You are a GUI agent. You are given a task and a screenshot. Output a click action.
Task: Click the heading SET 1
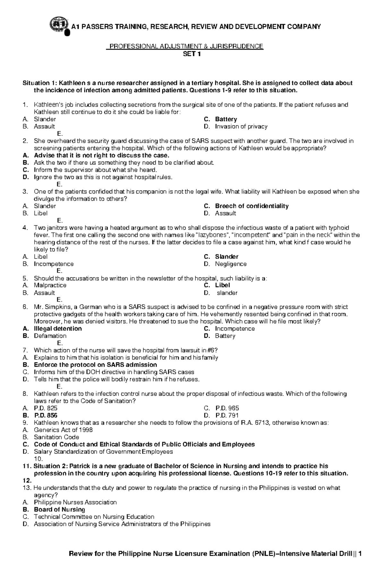192,54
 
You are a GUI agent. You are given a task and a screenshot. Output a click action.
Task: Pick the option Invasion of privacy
241,127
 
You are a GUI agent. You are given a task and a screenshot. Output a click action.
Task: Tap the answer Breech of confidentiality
252,206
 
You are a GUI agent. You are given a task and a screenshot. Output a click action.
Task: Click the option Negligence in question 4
231,264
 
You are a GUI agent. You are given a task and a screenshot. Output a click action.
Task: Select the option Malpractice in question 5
50,285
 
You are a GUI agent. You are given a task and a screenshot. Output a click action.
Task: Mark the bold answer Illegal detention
58,329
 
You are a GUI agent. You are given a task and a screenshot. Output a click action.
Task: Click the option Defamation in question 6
50,336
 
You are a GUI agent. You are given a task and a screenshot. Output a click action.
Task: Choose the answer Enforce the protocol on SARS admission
95,365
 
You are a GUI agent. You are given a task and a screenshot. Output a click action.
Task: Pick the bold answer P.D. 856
46,415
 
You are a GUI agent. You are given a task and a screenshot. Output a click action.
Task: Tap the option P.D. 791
227,415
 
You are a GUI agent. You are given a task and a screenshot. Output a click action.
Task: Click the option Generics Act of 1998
63,430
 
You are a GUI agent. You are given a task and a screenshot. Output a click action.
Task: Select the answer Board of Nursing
59,509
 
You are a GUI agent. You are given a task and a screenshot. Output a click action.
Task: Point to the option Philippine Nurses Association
75,502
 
